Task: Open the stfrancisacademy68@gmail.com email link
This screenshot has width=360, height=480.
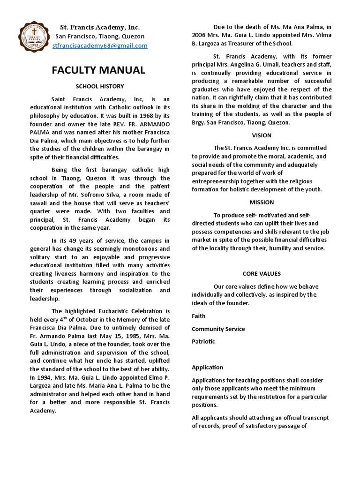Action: pos(100,45)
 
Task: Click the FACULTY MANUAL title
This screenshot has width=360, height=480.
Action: pos(98,70)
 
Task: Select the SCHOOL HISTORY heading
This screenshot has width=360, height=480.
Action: pos(100,87)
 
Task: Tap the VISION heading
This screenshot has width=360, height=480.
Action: pos(262,135)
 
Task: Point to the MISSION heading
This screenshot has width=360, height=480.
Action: pos(262,202)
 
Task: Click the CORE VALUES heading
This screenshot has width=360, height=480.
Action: pos(262,273)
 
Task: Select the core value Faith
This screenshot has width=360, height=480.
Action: pos(199,316)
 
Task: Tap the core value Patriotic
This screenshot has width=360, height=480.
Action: pos(203,342)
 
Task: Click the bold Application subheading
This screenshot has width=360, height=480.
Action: pos(207,367)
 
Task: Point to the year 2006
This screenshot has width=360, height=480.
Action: pos(199,35)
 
